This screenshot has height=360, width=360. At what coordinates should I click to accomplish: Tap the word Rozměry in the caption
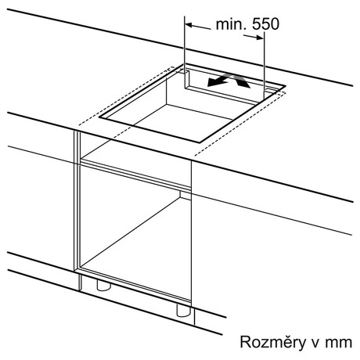point(273,342)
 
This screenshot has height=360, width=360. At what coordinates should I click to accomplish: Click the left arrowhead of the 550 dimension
point(189,25)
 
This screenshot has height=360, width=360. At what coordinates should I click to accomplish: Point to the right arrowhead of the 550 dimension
point(260,38)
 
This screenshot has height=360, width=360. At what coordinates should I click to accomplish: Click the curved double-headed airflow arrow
point(229,80)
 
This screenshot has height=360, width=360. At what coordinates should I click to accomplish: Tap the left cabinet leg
point(104,286)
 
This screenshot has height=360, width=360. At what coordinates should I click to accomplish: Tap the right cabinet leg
point(184,311)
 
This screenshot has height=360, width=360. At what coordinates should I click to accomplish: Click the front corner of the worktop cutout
point(200,142)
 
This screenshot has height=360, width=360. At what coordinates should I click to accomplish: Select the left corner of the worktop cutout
point(99,117)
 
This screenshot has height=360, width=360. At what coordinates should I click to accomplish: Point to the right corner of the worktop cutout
point(286,86)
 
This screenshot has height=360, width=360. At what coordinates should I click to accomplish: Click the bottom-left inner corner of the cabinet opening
point(81,267)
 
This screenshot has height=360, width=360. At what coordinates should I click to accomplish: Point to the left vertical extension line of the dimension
point(185,45)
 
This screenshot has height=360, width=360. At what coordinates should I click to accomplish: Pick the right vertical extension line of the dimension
point(264,65)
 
